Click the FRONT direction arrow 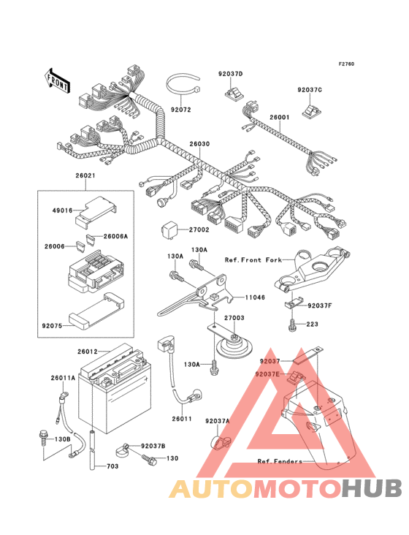(x=57, y=80)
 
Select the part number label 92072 (x=181, y=110)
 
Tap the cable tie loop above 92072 (x=183, y=85)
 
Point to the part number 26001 (x=280, y=118)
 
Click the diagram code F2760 (x=346, y=64)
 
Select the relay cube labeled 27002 (x=169, y=229)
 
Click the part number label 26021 (x=85, y=175)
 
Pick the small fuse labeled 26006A (x=91, y=238)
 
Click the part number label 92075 (x=52, y=326)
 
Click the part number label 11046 (x=255, y=297)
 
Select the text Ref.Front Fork (x=253, y=260)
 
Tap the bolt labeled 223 (x=292, y=325)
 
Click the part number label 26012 (x=87, y=352)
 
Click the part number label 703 (x=112, y=466)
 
